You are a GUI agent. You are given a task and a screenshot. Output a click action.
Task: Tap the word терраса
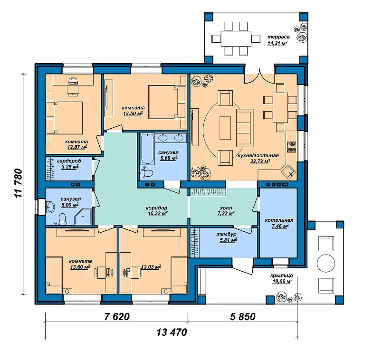278,37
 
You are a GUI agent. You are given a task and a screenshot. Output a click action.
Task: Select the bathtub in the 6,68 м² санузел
147,149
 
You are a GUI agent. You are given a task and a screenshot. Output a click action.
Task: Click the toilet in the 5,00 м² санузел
62,219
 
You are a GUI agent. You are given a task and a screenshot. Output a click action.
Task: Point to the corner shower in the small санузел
83,217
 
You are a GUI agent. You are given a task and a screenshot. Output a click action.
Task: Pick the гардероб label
69,161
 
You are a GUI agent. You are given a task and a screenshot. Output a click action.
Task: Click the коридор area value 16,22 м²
158,213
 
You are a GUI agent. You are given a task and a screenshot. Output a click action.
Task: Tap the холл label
226,208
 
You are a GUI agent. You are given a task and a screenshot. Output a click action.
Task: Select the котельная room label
279,220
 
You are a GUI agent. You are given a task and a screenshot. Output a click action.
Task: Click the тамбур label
227,234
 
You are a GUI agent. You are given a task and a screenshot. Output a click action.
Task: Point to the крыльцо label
281,275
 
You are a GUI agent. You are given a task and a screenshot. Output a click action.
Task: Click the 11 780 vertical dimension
18,183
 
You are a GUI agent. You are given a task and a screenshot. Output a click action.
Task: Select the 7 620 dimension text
117,316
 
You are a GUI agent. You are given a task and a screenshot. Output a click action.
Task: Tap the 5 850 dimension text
243,316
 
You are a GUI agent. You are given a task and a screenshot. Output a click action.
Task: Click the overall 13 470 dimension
172,332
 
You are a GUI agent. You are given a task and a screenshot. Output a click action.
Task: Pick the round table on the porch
326,263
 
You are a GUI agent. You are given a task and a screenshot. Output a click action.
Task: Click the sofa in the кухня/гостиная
245,128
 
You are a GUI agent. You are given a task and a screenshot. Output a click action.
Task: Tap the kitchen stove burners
291,147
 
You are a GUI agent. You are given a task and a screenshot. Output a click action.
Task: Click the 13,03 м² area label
151,267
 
